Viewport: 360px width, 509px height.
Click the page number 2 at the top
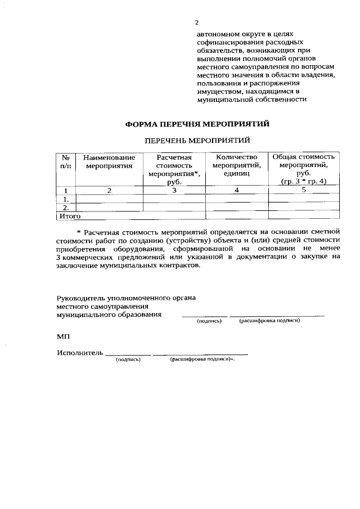click(196, 23)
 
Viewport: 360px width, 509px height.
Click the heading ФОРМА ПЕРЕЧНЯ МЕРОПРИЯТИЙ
click(196, 124)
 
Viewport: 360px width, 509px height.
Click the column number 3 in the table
click(174, 190)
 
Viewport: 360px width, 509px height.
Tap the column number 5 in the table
click(304, 190)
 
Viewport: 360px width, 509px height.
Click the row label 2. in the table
click(66, 208)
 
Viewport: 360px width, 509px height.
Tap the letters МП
click(62, 336)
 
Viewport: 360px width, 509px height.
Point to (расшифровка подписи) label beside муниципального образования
click(269, 321)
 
